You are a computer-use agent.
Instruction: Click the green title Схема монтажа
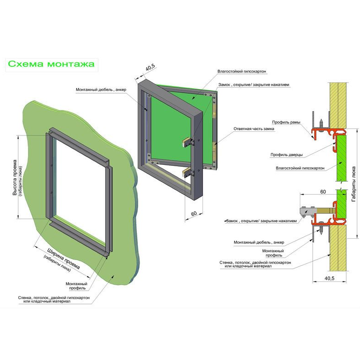click(x=51, y=64)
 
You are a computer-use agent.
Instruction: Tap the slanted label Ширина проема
click(x=64, y=259)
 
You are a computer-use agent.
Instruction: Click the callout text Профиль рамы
click(x=287, y=122)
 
